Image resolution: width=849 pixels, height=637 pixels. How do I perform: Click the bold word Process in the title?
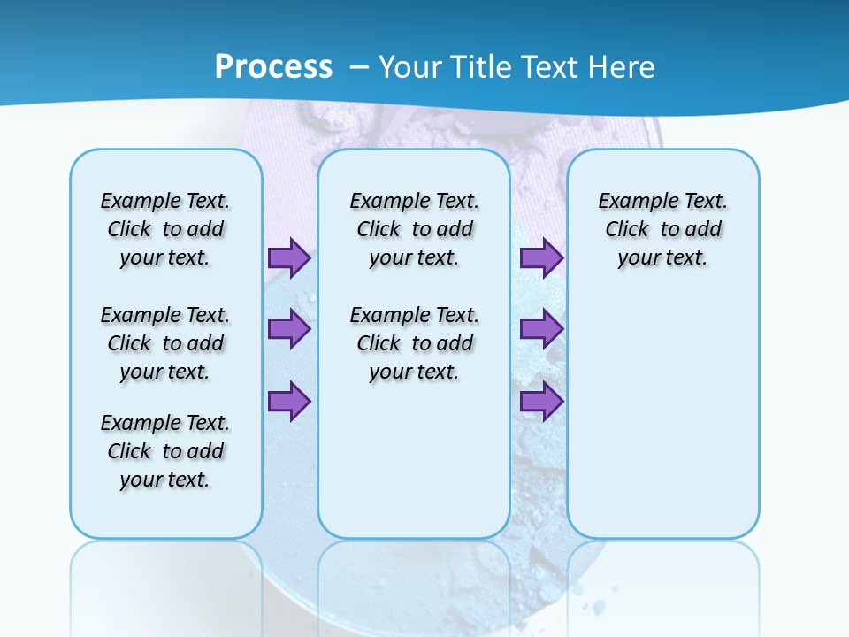tap(273, 67)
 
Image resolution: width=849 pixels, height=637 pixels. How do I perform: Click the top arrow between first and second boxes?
tap(289, 257)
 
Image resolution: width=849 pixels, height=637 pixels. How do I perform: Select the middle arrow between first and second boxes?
tap(289, 329)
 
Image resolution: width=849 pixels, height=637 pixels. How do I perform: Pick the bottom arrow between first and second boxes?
tap(289, 402)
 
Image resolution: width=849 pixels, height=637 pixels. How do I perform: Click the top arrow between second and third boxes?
tap(541, 257)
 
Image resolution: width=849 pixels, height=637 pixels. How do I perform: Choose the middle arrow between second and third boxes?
tap(541, 329)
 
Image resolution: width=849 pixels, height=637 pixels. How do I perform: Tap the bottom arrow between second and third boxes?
tap(541, 402)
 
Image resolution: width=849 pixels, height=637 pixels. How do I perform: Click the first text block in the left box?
tap(165, 229)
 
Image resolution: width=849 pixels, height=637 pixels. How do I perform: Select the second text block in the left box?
tap(165, 343)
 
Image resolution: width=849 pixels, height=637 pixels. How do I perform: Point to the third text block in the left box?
tap(165, 451)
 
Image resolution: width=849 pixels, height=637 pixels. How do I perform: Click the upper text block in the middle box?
tap(414, 229)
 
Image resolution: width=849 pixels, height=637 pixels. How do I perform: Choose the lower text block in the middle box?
tap(414, 343)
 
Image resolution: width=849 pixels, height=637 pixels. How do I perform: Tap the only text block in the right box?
tap(662, 229)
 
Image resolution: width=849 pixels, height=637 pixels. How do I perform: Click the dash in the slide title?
tap(360, 68)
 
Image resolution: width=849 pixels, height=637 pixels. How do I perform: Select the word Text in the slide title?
tap(550, 67)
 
